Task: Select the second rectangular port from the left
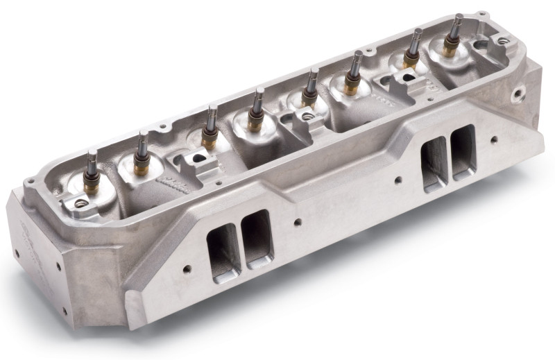click(x=257, y=238)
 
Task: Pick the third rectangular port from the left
click(x=435, y=162)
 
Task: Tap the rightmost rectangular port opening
click(x=463, y=151)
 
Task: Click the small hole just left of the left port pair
click(x=187, y=267)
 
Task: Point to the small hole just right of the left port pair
click(x=296, y=223)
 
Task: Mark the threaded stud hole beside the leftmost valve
click(x=82, y=203)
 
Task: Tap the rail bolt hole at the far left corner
click(x=30, y=182)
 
